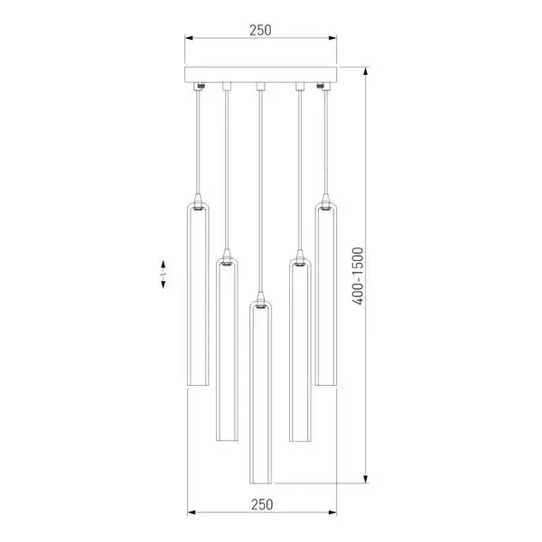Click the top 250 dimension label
point(260,30)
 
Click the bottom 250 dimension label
point(262,505)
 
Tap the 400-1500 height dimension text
point(358,276)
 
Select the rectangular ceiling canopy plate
point(260,74)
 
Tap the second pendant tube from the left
point(227,350)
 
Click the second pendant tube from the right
point(300,350)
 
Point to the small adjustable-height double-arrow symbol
point(163,274)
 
